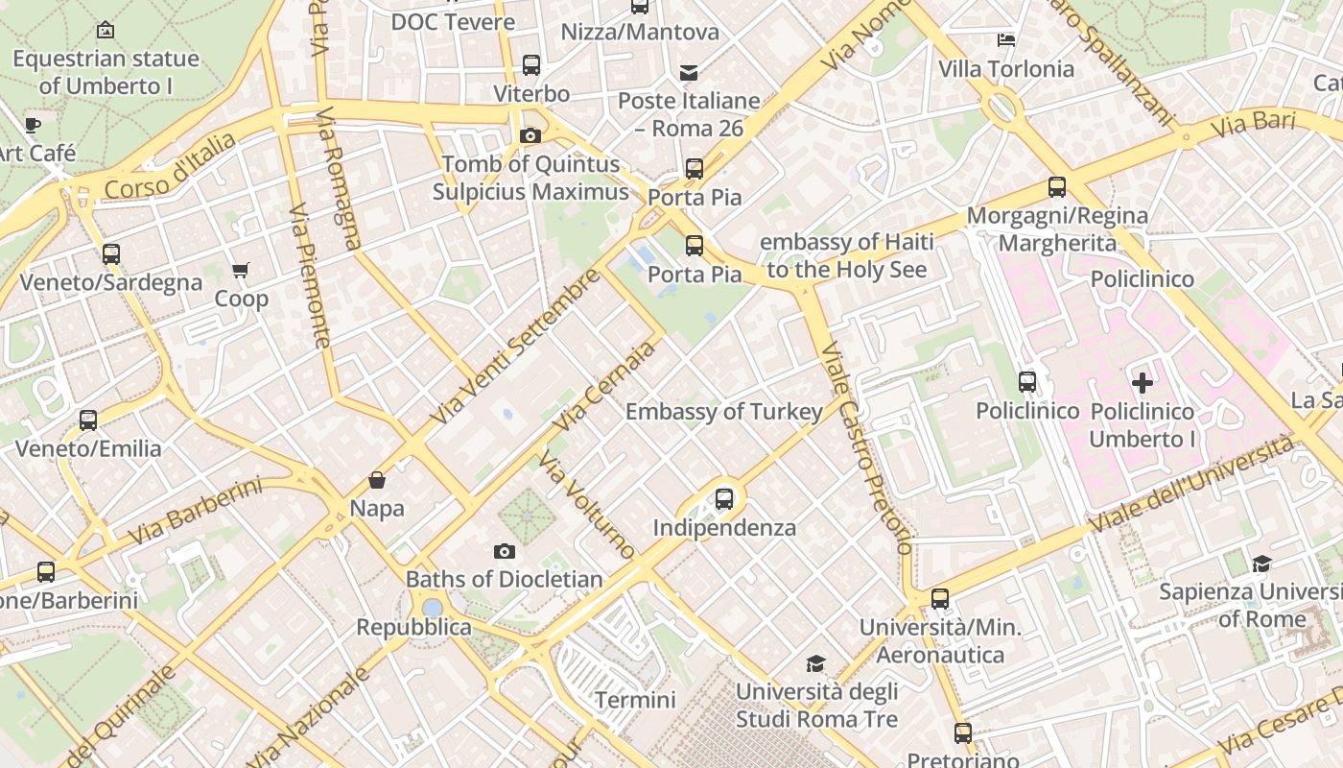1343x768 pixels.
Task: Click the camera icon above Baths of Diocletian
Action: point(505,551)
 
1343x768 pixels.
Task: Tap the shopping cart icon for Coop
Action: point(241,271)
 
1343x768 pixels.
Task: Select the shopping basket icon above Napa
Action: point(377,480)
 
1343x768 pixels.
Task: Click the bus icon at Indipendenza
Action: point(724,499)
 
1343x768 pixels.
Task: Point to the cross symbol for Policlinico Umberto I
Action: point(1142,384)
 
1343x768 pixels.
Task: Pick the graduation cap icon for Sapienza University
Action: point(1261,564)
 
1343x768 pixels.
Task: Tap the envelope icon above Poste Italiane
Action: point(688,73)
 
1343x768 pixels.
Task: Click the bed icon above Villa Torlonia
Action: point(1005,40)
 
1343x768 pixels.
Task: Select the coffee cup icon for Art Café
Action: point(33,125)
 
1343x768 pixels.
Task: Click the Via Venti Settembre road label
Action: point(514,348)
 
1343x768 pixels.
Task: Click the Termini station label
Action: point(635,700)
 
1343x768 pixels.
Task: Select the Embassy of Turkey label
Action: point(724,412)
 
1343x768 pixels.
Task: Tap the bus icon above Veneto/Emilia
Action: point(88,420)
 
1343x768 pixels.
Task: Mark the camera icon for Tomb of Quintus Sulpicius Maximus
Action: point(530,136)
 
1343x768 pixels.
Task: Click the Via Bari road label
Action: point(1252,124)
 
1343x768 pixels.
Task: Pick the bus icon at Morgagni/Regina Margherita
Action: point(1057,187)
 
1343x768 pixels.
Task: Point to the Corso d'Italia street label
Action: point(170,167)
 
